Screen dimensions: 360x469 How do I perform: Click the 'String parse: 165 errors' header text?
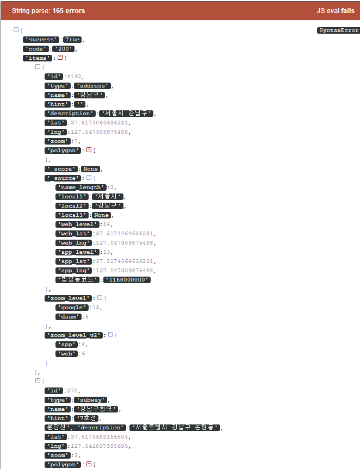[48, 11]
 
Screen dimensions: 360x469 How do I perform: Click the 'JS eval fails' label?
[336, 11]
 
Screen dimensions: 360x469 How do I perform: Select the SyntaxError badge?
[338, 30]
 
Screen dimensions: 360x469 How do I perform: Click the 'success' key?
[41, 40]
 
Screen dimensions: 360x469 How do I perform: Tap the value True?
[72, 40]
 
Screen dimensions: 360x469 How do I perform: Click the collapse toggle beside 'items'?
[60, 58]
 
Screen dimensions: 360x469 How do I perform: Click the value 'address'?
[93, 86]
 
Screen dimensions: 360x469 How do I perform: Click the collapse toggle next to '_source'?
[88, 178]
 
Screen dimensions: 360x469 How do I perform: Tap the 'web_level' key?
[75, 224]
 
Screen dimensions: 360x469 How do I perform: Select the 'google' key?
[71, 308]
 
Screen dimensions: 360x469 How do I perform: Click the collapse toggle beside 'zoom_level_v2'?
[110, 335]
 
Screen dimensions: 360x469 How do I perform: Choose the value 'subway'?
[91, 400]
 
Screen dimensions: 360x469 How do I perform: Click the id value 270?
[72, 391]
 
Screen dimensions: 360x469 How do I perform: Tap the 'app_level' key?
[75, 252]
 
